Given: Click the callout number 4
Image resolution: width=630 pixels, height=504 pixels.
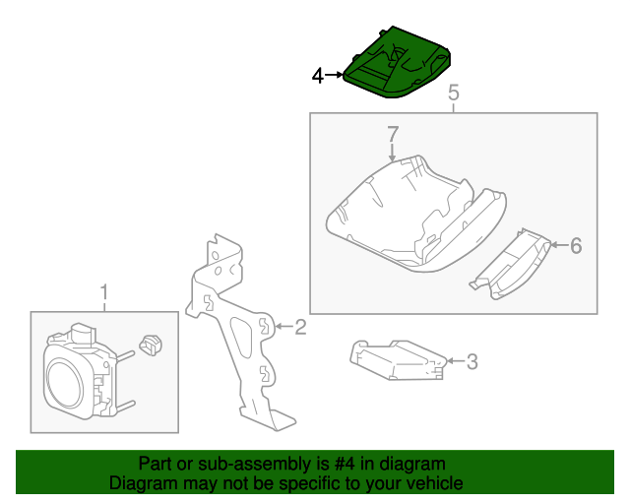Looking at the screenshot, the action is [x=317, y=76].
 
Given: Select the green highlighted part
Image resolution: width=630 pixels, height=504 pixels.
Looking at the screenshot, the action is [x=397, y=63].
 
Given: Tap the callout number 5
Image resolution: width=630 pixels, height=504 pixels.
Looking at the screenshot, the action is [x=453, y=93].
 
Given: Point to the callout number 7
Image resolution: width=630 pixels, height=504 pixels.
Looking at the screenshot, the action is [x=393, y=134].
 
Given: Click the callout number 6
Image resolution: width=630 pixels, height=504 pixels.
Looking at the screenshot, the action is [x=576, y=245].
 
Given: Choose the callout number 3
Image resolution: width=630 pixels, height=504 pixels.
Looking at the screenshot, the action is [x=472, y=361].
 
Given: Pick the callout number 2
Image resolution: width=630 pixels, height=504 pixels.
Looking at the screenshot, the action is [x=300, y=327].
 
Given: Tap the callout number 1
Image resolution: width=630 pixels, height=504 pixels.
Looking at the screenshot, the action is [x=104, y=292].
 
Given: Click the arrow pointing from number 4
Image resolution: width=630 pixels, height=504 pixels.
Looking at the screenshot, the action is [x=334, y=75].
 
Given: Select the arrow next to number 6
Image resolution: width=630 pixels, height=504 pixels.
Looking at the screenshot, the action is [x=559, y=245].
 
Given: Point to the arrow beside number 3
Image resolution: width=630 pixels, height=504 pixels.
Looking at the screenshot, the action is [x=456, y=361].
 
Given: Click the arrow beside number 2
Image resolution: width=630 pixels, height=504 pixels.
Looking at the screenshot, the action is [x=284, y=327].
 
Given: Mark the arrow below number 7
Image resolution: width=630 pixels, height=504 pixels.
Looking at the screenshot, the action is [x=392, y=153].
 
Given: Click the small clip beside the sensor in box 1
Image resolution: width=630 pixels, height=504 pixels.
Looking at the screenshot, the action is [x=151, y=346].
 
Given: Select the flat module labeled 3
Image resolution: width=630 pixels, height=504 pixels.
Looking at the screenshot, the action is [x=398, y=360].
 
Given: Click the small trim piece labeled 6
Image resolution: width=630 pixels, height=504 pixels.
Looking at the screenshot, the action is [x=510, y=265].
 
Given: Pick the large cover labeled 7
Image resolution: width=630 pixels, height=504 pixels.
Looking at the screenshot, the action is [x=415, y=214].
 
